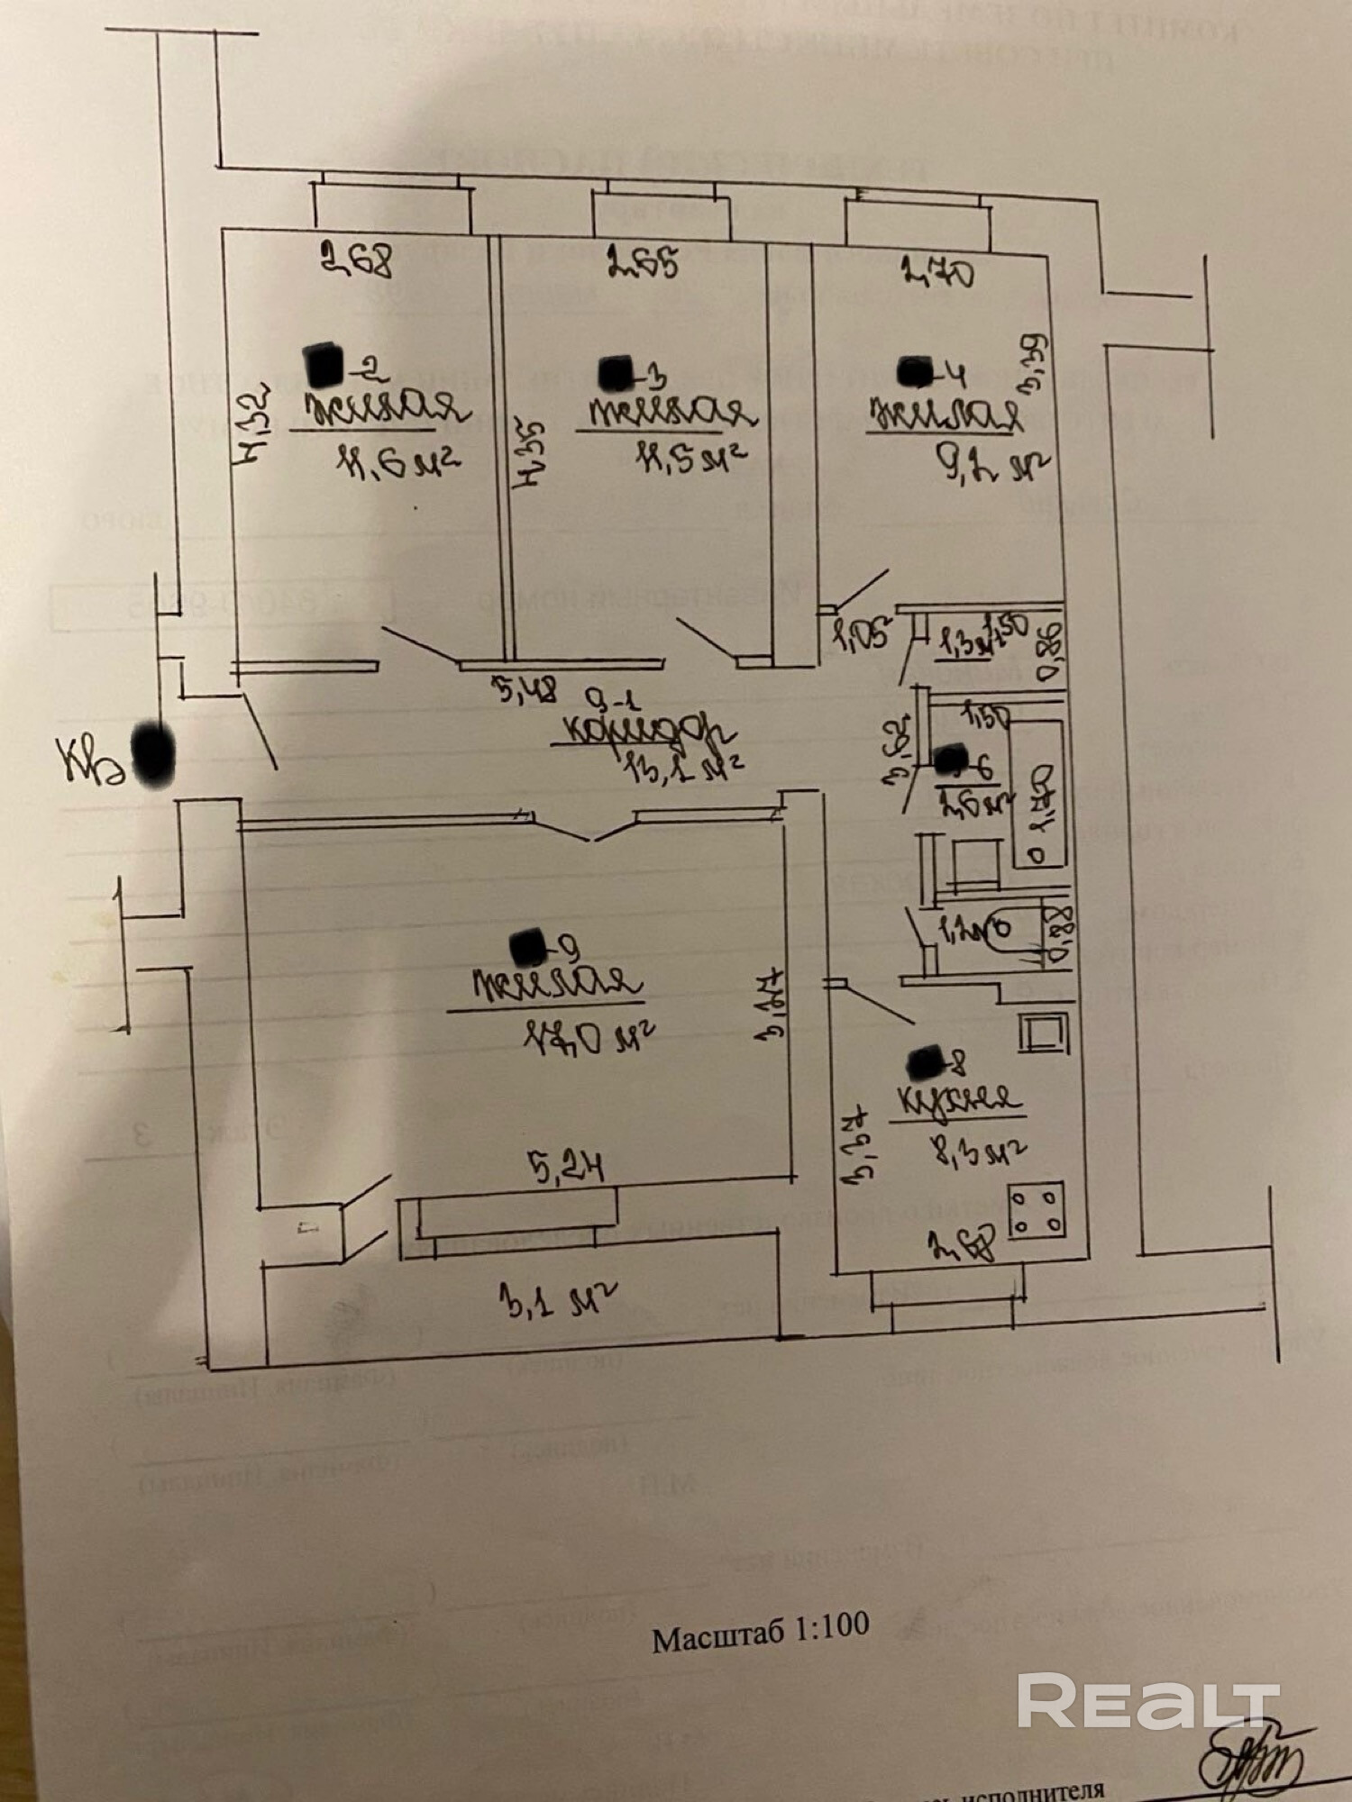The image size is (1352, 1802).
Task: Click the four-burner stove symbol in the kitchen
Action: [x=1037, y=1212]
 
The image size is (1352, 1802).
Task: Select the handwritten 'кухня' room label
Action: [x=956, y=1099]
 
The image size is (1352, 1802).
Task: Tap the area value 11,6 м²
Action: [x=397, y=462]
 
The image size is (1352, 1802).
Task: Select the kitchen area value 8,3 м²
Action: [x=981, y=1151]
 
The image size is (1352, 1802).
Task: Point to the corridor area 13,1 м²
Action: [x=684, y=767]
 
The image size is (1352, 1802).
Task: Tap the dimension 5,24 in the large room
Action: [x=565, y=1169]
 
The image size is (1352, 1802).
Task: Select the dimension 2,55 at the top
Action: [x=642, y=263]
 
